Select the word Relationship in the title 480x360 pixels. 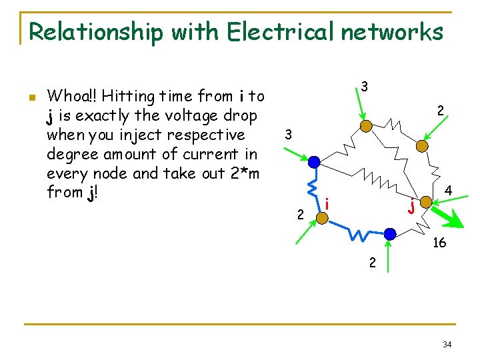pos(97,31)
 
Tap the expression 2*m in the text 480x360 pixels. pos(244,173)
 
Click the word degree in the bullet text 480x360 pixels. pos(70,154)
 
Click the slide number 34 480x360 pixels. pos(447,344)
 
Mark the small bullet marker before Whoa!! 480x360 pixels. pos(31,97)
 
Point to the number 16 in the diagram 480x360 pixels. pos(439,243)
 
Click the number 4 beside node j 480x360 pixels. pos(449,191)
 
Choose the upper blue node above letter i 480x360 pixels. pos(315,162)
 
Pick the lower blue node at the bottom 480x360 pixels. pos(390,233)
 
